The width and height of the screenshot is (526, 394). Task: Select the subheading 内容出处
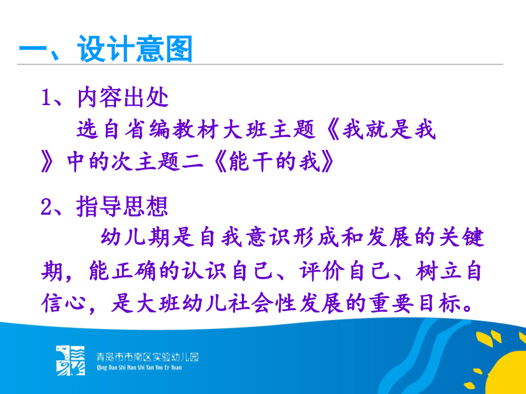point(122,98)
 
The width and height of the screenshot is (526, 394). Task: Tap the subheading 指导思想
point(122,207)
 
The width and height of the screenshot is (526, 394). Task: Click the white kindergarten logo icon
point(70,360)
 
